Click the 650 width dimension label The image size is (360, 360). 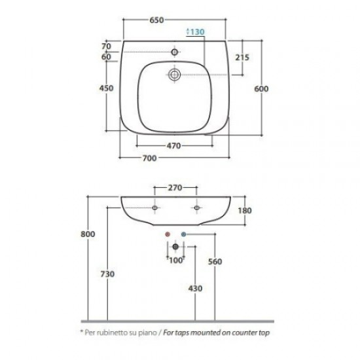[157, 20]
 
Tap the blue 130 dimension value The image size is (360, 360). [197, 31]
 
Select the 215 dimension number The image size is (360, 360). [242, 58]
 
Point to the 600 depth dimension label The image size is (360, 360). [261, 89]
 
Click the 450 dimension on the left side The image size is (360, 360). [106, 88]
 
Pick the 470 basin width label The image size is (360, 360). [174, 146]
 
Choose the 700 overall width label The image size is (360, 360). [150, 158]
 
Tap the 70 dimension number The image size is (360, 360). [106, 46]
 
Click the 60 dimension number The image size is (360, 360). [106, 56]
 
